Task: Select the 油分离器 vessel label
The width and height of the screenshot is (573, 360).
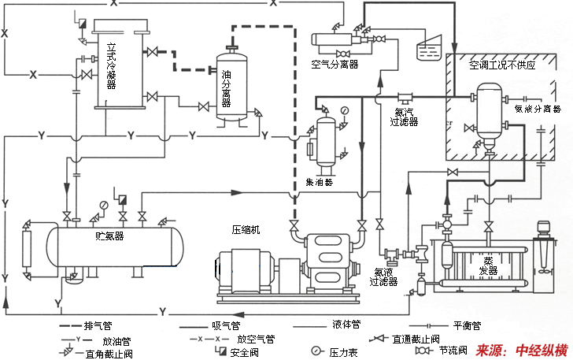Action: tap(225, 87)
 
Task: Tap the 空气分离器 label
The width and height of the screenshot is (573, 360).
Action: tap(335, 65)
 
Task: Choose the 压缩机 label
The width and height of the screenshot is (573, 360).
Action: tap(246, 230)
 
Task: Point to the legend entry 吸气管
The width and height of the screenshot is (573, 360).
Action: tap(226, 325)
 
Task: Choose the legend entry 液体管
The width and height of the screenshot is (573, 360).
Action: tap(346, 324)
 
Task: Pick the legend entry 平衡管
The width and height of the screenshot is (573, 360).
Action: tap(465, 325)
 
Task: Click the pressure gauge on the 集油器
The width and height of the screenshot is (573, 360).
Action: tap(344, 110)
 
